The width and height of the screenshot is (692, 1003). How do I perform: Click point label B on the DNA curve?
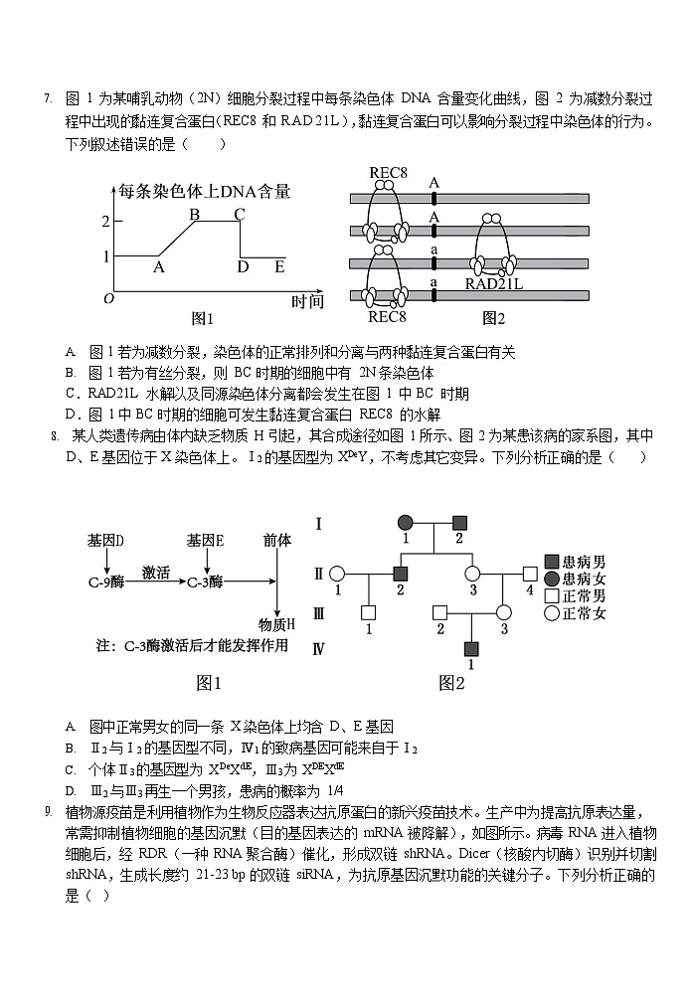pyautogui.click(x=195, y=215)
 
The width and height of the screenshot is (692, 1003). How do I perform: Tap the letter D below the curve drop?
pyautogui.click(x=243, y=266)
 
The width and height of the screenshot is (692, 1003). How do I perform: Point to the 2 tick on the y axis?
pyautogui.click(x=104, y=221)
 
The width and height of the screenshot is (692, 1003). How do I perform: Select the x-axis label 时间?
pyautogui.click(x=308, y=300)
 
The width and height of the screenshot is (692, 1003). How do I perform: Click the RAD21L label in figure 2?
pyautogui.click(x=495, y=284)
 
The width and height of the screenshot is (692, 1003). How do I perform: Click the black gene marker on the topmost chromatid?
pyautogui.click(x=433, y=198)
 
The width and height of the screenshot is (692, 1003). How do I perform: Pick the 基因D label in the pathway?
pyautogui.click(x=105, y=540)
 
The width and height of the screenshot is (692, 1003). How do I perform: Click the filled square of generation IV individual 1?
pyautogui.click(x=471, y=648)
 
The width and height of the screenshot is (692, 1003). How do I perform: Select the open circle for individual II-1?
pyautogui.click(x=337, y=574)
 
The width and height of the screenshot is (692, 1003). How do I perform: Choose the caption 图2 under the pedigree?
pyautogui.click(x=451, y=683)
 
